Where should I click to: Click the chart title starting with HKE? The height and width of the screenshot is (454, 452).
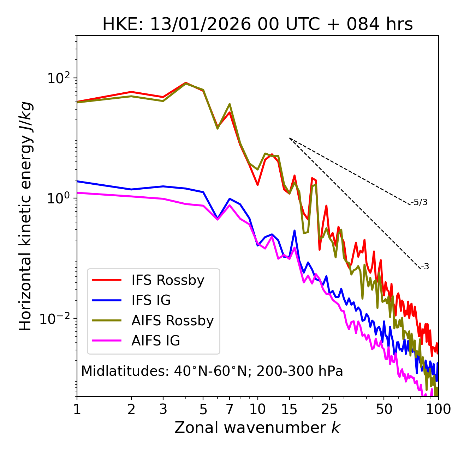pos(257,25)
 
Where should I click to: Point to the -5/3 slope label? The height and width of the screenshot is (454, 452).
pos(419,202)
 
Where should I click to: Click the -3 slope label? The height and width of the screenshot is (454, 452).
pos(425,267)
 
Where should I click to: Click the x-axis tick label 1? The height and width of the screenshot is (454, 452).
pos(77,410)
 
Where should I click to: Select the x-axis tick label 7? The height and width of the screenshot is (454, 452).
pos(230,410)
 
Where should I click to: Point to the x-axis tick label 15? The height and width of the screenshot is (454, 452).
pos(290,410)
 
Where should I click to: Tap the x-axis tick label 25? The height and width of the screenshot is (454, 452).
pos(329,410)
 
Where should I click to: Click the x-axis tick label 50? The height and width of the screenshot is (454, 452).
pos(384,410)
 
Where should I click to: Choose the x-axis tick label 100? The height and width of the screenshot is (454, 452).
pos(438,410)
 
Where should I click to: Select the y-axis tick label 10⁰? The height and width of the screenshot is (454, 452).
pos(58,198)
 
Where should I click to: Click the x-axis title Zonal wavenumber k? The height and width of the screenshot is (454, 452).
pos(257,428)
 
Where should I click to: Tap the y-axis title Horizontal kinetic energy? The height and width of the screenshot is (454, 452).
pos(25,216)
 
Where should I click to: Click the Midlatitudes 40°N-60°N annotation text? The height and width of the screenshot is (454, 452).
pos(212,371)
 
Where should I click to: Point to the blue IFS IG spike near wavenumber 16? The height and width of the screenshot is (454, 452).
pos(295,231)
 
